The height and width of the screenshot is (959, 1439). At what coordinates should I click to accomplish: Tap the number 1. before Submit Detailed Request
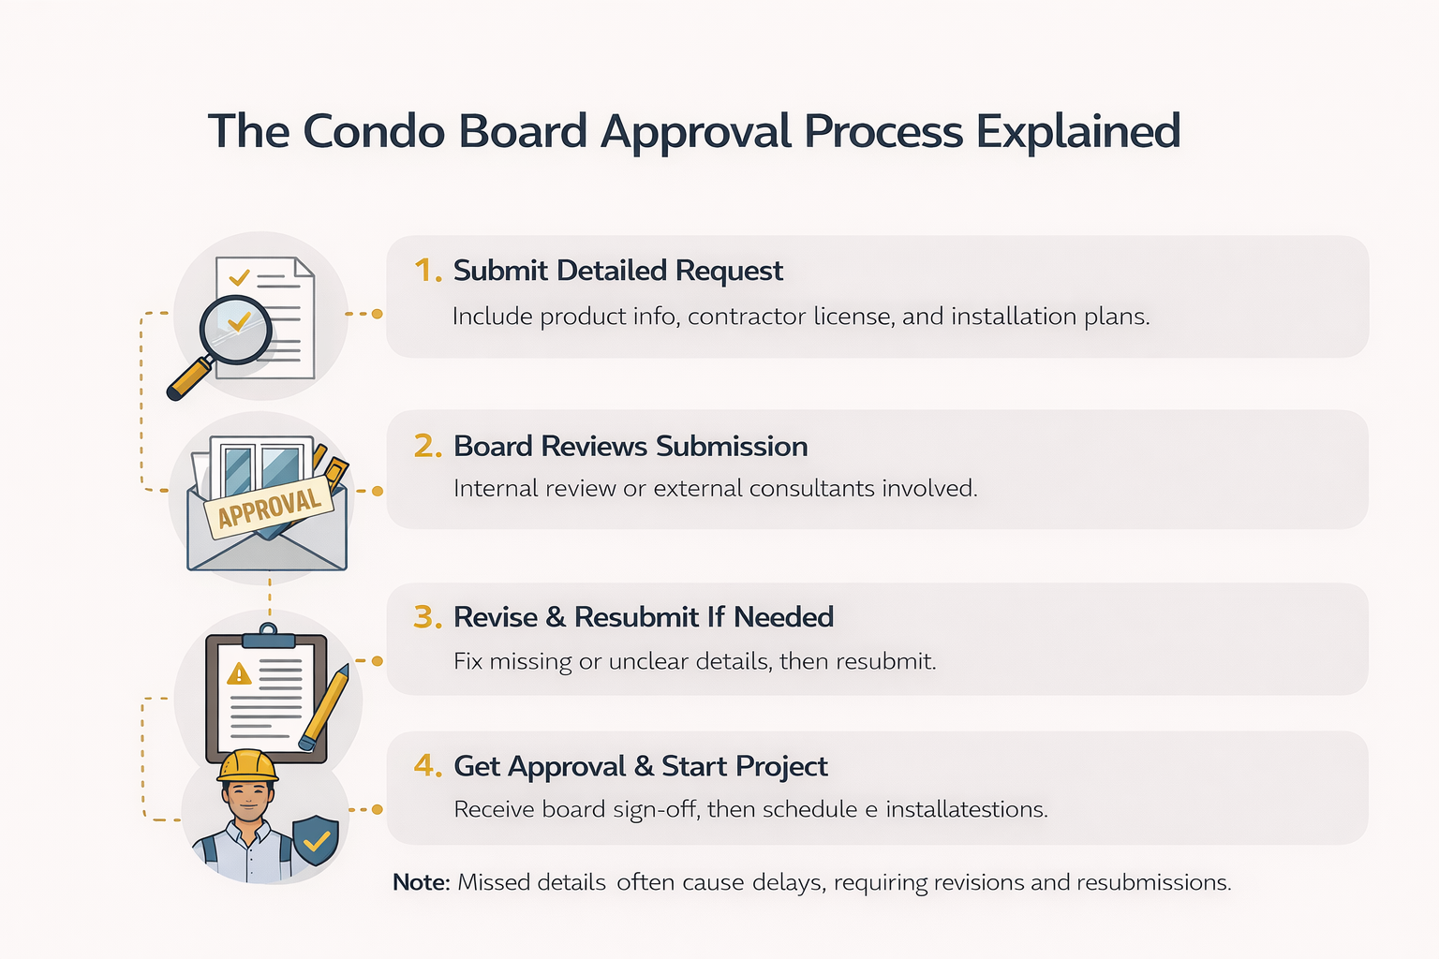pos(427,271)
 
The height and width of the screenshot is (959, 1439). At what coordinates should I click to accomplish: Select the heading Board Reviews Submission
pos(630,447)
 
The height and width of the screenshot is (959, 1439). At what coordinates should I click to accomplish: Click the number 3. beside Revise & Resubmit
pos(427,617)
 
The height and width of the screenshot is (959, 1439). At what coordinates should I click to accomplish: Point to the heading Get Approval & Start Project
pos(641,766)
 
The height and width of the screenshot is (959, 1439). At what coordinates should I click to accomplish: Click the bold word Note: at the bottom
pos(422,882)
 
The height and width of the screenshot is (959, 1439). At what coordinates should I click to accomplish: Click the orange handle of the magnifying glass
pos(187,380)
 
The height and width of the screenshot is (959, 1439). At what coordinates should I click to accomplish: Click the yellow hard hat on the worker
pos(247,765)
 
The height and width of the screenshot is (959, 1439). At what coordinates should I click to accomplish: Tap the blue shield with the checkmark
pos(316,841)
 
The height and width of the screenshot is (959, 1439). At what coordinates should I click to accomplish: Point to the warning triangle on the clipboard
pos(239,673)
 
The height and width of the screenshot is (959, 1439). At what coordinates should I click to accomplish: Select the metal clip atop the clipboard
pos(269,638)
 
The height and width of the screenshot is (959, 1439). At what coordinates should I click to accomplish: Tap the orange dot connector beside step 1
pos(377,314)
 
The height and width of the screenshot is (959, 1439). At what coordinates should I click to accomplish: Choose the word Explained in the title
pos(1077,131)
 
